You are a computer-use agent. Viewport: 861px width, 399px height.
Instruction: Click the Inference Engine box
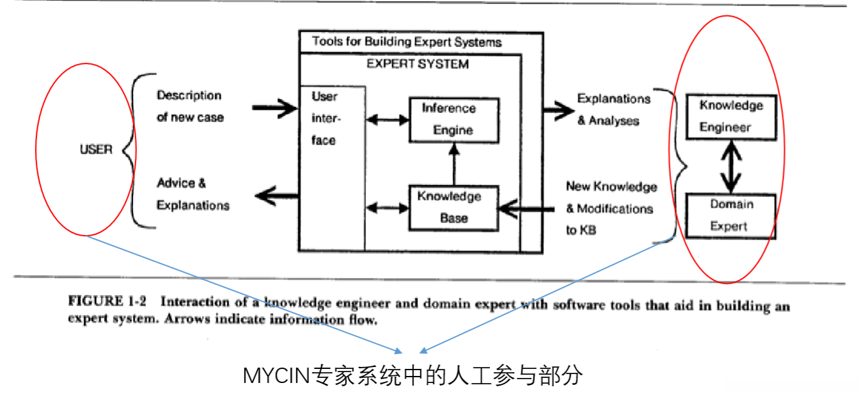click(x=454, y=120)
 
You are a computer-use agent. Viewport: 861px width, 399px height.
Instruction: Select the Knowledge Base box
click(x=453, y=207)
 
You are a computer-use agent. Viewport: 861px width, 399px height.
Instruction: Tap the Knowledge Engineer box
click(x=731, y=117)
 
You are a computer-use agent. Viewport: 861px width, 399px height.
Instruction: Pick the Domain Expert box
click(x=731, y=216)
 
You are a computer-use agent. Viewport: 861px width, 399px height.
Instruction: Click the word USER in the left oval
click(x=96, y=150)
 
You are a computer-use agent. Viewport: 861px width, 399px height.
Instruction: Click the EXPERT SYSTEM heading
click(x=417, y=64)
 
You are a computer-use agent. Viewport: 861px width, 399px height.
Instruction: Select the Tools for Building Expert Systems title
click(x=407, y=42)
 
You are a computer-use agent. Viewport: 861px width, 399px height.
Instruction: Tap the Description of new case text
click(x=190, y=106)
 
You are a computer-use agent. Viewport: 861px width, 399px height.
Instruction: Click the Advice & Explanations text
click(x=192, y=194)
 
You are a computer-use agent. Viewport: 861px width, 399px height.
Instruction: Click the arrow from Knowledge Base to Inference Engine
click(x=454, y=163)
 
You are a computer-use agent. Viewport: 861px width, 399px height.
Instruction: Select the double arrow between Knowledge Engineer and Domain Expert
click(x=731, y=167)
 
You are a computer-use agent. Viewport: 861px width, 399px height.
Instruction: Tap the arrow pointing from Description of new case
click(x=274, y=110)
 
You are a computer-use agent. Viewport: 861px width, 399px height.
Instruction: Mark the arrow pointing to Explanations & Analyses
click(x=557, y=110)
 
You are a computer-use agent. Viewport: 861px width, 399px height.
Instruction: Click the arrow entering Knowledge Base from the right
click(x=526, y=208)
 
